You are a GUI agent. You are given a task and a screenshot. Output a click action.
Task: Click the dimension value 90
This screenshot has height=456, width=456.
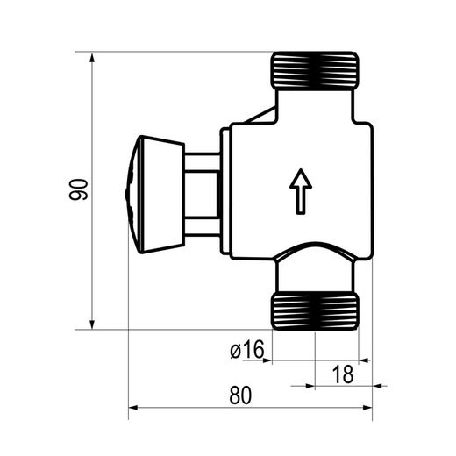[x=78, y=189]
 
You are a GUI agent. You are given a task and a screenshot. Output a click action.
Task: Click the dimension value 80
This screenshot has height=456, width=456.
[x=240, y=395]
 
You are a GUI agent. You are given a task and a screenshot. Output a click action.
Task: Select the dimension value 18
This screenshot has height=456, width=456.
[x=343, y=374]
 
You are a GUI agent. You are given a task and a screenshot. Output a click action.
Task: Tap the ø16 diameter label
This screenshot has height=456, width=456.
[x=247, y=349]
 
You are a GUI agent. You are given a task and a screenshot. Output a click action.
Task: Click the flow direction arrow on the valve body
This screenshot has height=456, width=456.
[x=301, y=191]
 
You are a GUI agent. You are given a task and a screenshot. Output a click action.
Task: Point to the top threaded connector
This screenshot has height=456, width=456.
[x=316, y=70]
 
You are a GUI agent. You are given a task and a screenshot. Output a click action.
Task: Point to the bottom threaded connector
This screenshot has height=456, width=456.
[x=316, y=311]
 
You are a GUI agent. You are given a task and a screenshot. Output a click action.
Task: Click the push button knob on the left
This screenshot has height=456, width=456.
[x=155, y=195]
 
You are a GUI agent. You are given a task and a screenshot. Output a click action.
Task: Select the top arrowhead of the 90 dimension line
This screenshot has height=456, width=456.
[x=92, y=58]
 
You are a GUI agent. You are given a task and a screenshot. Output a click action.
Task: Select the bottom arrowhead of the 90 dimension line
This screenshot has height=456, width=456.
[x=92, y=324]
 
